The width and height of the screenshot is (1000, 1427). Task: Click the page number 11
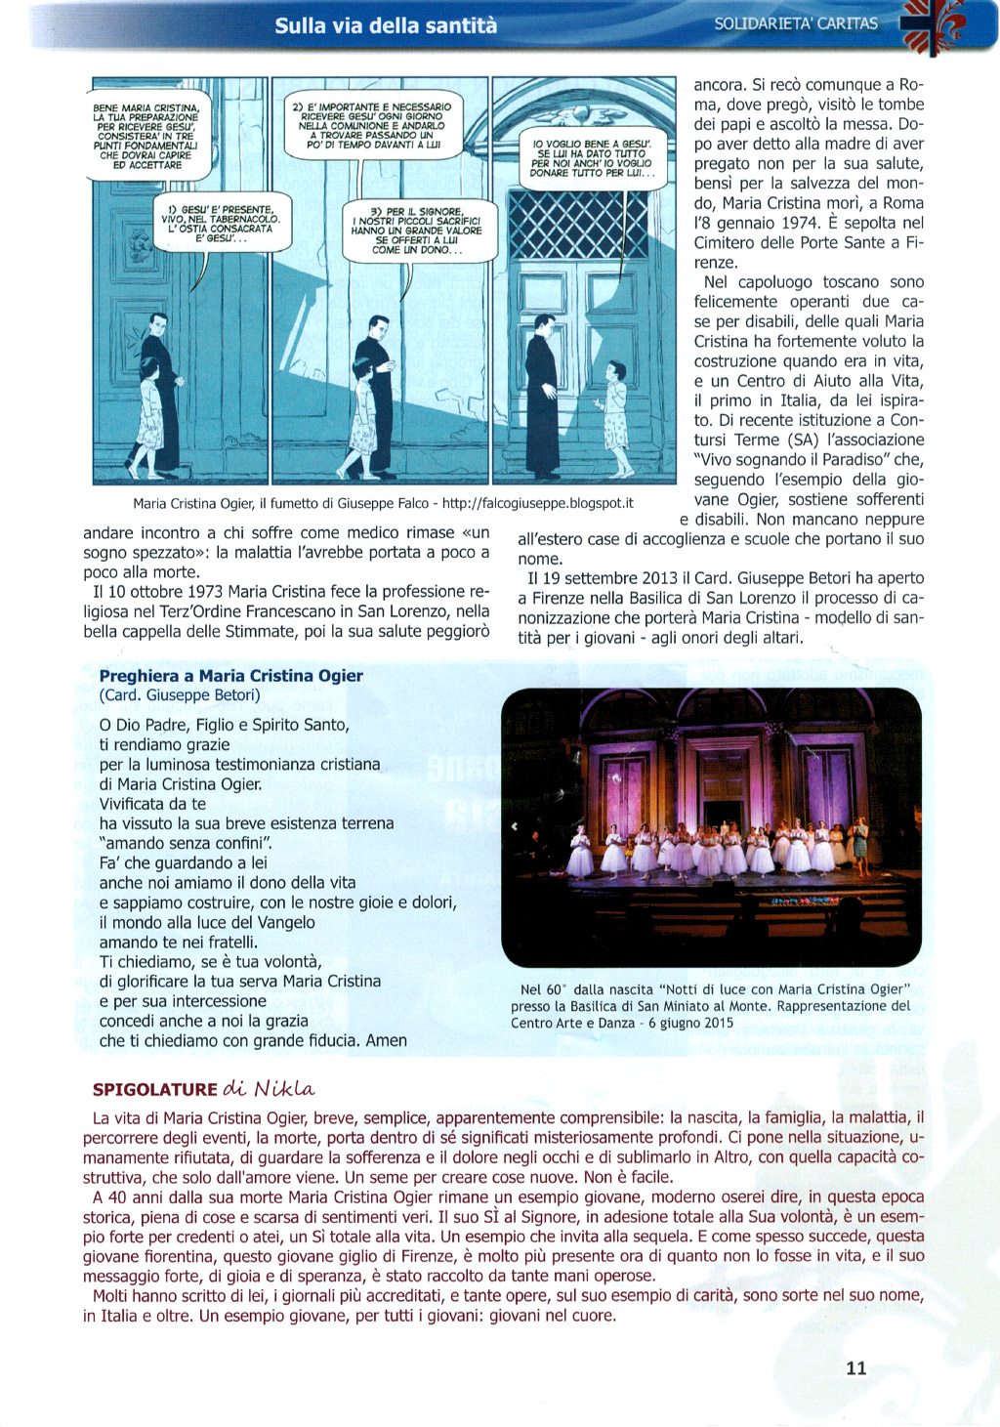click(856, 1367)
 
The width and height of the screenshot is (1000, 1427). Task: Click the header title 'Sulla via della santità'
click(386, 25)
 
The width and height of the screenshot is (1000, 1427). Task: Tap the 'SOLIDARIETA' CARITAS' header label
click(796, 23)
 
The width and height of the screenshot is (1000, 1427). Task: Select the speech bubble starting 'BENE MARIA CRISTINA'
click(146, 136)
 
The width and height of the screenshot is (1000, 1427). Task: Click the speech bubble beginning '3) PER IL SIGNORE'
click(417, 231)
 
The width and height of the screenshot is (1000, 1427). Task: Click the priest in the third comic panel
click(542, 391)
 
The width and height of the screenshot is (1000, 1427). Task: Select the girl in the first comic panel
click(148, 414)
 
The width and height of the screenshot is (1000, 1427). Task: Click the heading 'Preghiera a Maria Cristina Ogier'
click(230, 676)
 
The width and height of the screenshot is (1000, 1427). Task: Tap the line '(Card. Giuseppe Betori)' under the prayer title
click(180, 695)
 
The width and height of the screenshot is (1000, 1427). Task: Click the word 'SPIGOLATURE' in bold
click(155, 1089)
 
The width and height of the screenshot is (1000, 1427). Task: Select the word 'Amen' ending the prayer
click(387, 1041)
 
